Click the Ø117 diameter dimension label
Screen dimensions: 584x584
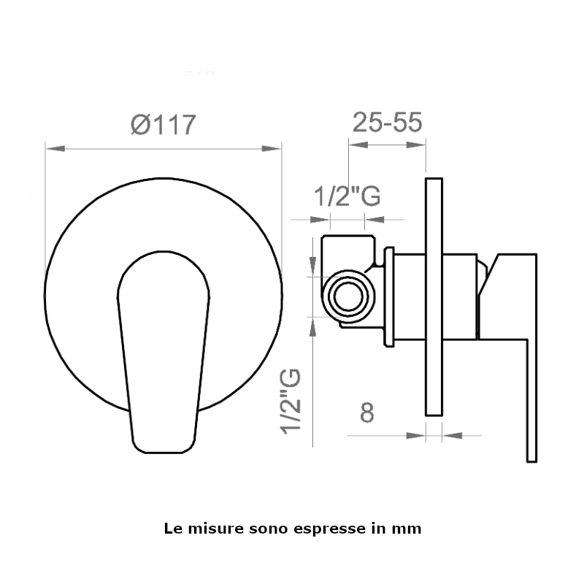(x=163, y=124)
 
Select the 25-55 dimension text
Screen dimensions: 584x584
(x=387, y=122)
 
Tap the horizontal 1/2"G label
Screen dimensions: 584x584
(x=347, y=196)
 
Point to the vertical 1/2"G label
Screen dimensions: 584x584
(x=291, y=401)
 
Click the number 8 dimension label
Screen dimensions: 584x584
(x=367, y=412)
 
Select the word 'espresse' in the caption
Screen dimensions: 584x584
(x=329, y=529)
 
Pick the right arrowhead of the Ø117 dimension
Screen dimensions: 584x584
(x=272, y=149)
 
